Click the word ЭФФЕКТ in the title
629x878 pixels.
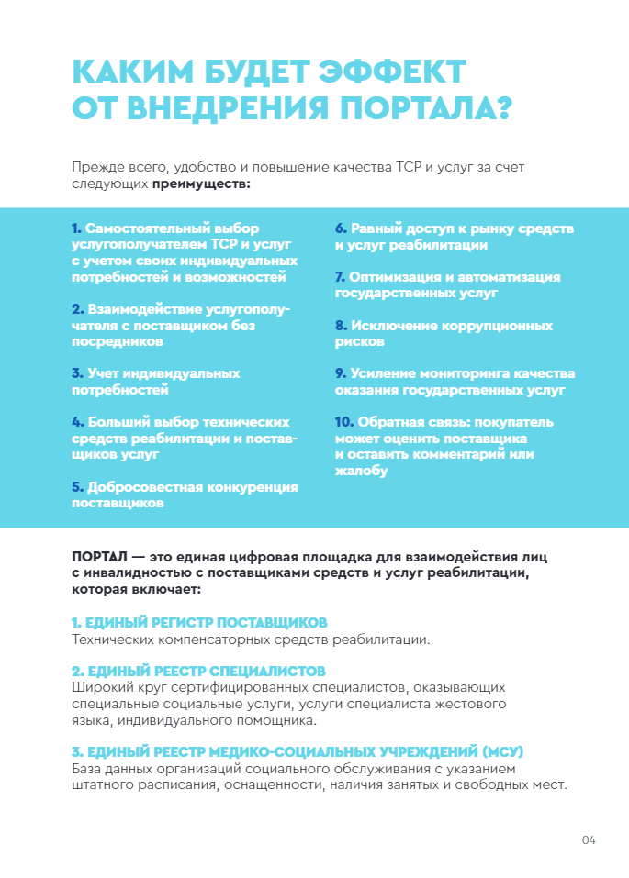tap(392, 72)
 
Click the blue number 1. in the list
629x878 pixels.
tap(77, 228)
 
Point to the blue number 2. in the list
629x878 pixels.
tap(78, 309)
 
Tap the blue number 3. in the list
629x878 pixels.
tap(78, 373)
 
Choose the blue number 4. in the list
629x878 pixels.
tap(78, 422)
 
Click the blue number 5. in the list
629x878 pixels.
tap(78, 487)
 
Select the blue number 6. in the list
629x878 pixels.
tap(341, 228)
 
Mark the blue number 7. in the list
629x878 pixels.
tap(340, 277)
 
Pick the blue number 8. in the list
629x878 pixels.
tap(341, 326)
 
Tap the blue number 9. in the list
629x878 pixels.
tap(341, 373)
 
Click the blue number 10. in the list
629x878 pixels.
tap(344, 422)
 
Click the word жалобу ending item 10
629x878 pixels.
tap(361, 472)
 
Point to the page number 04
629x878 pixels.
tap(589, 840)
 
